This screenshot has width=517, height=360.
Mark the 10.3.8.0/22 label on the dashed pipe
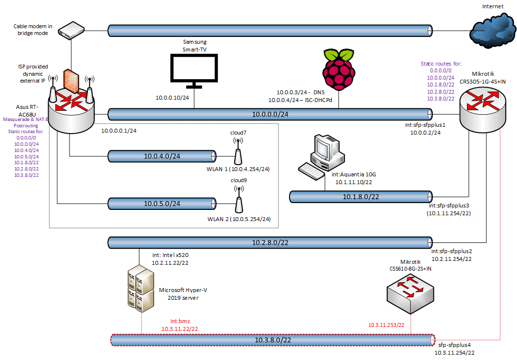[273, 340]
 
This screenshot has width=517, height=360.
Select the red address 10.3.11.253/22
[386, 325]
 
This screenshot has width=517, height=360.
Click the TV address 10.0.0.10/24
[172, 98]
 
